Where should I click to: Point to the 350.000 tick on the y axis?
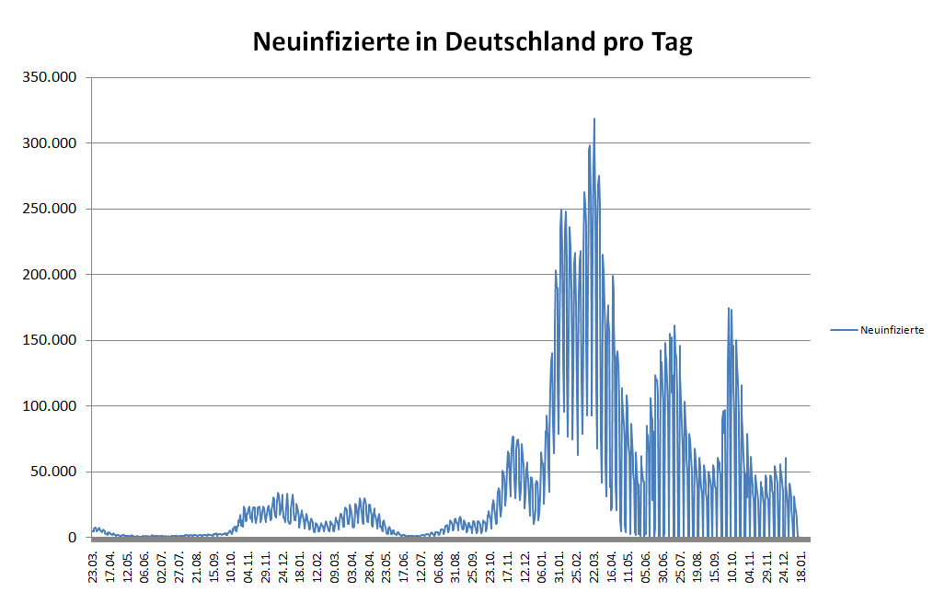coord(50,77)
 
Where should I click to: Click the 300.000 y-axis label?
coord(50,143)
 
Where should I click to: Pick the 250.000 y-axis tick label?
coord(50,209)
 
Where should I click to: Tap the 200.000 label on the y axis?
coord(50,275)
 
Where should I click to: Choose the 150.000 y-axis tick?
coord(50,340)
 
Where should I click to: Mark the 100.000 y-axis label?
coord(50,406)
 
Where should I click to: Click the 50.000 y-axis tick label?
coord(53,472)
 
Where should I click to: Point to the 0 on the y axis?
coord(71,538)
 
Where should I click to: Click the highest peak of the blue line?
coord(594,119)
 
